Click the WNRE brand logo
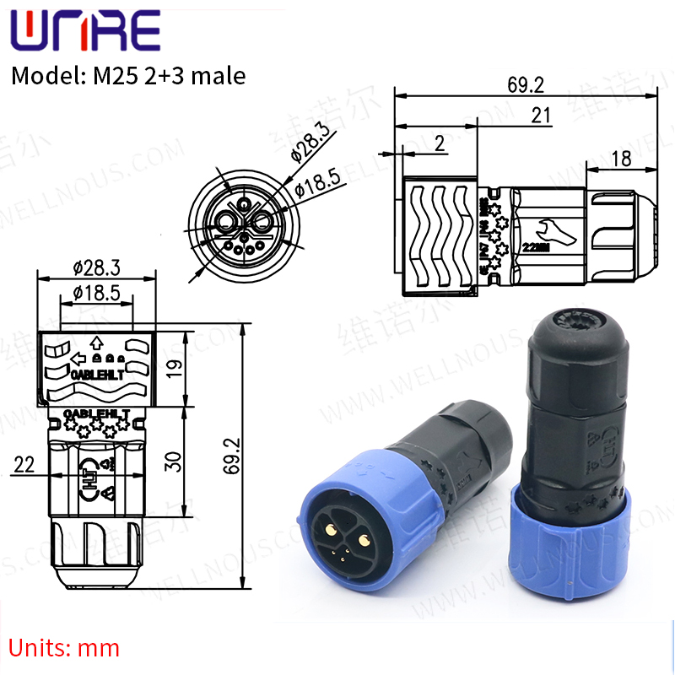click(84, 32)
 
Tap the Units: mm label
click(65, 648)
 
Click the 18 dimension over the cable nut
click(620, 158)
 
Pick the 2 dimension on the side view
click(439, 144)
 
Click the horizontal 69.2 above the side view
click(525, 84)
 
